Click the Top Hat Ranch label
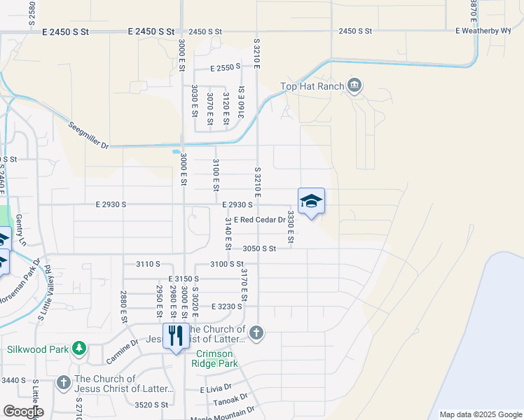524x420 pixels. [x=312, y=86]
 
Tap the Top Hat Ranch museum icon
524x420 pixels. [x=354, y=86]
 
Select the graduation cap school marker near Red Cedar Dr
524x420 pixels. [x=311, y=202]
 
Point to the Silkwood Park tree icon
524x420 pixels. [x=80, y=348]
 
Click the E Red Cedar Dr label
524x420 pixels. [x=261, y=219]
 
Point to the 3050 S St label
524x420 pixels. [x=260, y=248]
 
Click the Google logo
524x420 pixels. [x=23, y=412]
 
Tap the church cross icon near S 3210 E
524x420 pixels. [x=256, y=332]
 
